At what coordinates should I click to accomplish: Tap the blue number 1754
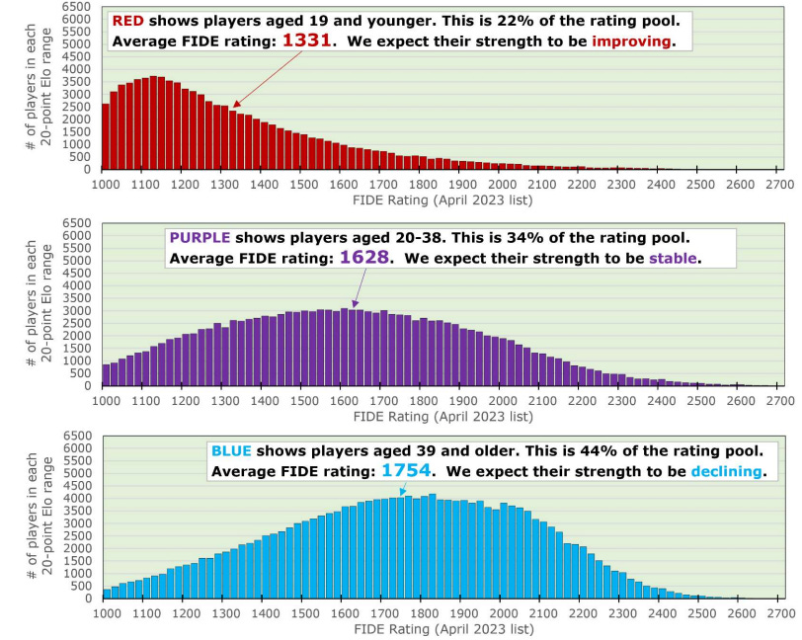point(407,471)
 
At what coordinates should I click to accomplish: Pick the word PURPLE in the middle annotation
point(199,238)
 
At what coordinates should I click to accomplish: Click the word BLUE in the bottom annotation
point(233,451)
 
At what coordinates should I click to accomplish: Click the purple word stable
point(676,259)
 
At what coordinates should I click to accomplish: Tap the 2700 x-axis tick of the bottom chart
point(779,612)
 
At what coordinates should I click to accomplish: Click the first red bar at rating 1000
point(106,136)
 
